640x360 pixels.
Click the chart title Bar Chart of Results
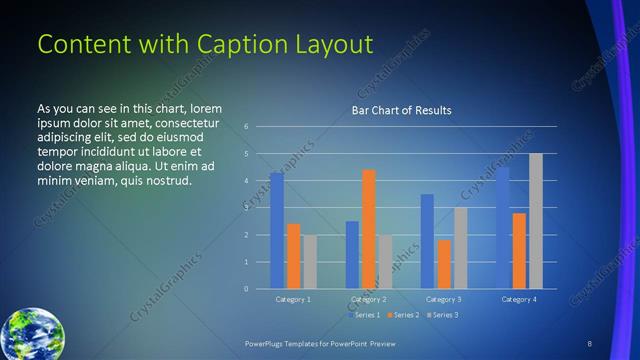400,110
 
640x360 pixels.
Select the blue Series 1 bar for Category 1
277,230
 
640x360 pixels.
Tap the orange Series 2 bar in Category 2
369,229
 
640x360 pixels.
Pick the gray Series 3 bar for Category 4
536,221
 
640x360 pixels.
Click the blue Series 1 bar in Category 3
427,241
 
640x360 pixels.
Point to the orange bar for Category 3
444,264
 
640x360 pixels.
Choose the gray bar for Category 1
310,262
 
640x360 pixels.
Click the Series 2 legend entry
403,315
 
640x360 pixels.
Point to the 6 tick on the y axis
246,127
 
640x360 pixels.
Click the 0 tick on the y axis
246,289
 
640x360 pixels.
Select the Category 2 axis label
369,299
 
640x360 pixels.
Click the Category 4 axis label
519,299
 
